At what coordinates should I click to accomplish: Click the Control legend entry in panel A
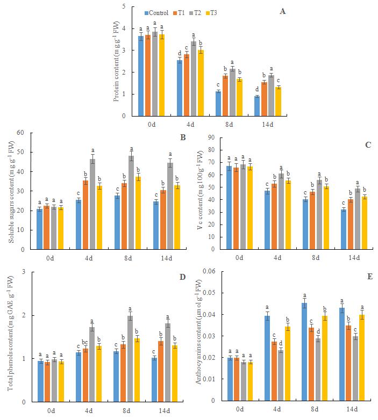159,13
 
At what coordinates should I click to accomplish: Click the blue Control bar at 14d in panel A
257,106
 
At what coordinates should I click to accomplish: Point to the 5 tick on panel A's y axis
124,6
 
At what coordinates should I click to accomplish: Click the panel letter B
183,137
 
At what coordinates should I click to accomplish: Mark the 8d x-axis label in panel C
316,258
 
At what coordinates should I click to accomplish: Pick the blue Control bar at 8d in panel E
304,352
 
